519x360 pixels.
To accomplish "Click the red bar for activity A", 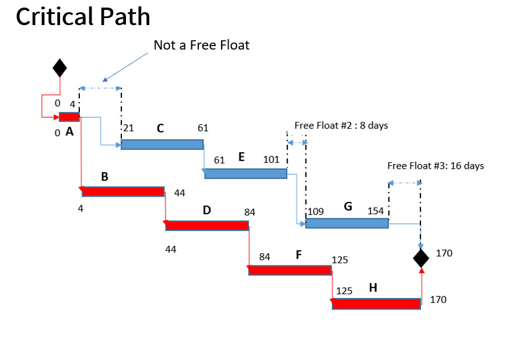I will point(69,117).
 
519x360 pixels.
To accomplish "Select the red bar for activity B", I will point(123,191).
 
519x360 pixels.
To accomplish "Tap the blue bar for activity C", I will point(162,144).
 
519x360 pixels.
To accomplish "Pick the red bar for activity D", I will point(207,225).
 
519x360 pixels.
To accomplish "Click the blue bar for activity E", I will point(246,173).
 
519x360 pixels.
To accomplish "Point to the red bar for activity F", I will point(290,270).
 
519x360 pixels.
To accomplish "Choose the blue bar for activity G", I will point(347,223).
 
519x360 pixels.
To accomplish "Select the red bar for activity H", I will point(376,303).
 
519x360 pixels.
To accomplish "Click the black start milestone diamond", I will point(59,68).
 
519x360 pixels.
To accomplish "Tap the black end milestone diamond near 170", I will point(421,257).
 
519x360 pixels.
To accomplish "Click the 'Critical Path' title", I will point(83,17).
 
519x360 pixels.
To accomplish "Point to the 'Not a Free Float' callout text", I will point(201,45).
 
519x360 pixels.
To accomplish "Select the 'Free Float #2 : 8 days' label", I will point(341,125).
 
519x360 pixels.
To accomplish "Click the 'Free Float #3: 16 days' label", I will point(436,166).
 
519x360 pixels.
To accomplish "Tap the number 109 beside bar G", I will point(315,211).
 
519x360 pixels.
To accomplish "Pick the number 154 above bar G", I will point(376,211).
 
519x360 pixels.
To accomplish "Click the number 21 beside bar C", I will point(129,128).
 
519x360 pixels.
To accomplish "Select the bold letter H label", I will point(373,288).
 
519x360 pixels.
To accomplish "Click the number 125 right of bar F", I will point(340,259).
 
